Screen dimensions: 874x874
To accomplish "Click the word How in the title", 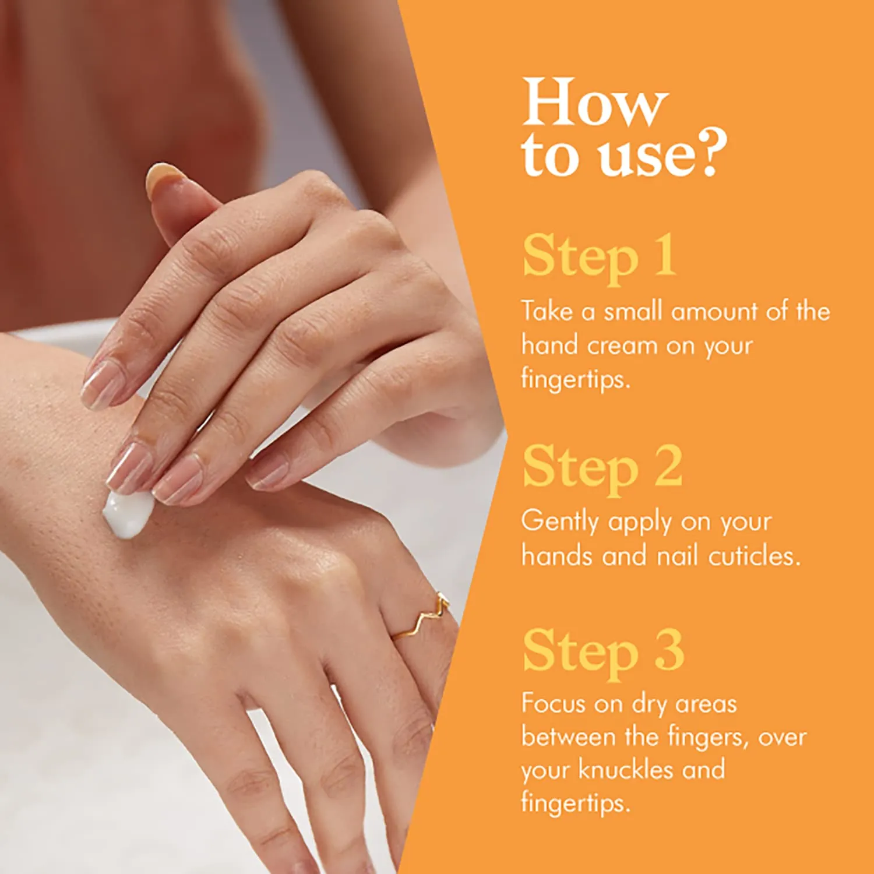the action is [x=594, y=103].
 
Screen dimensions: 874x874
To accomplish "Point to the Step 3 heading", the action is [x=603, y=651].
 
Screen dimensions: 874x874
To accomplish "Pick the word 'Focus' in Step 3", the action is [x=553, y=703].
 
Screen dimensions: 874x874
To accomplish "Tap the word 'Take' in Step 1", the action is [x=547, y=311].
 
